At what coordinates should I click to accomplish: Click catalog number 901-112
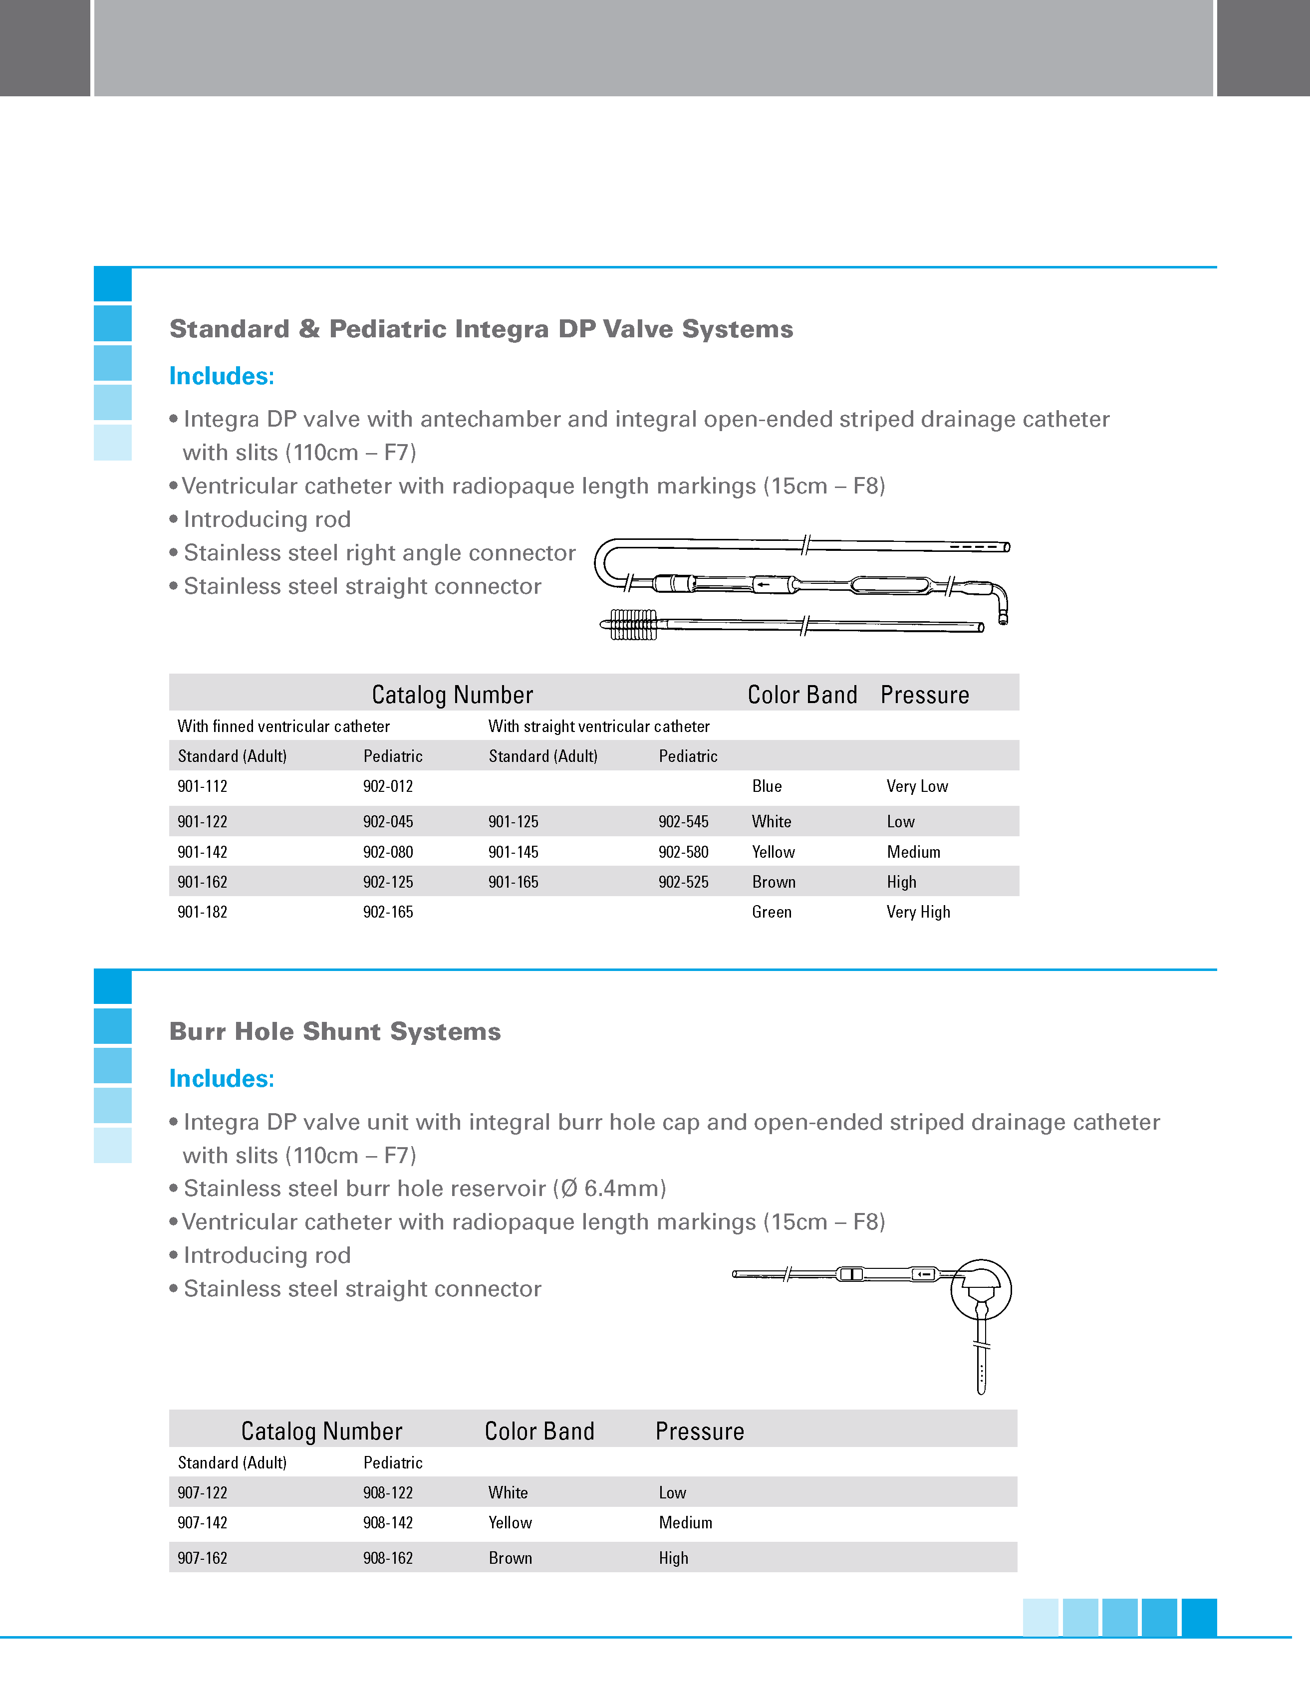click(203, 786)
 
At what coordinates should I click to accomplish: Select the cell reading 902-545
click(683, 822)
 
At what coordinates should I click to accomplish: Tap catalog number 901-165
click(513, 882)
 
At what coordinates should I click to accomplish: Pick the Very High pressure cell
click(918, 912)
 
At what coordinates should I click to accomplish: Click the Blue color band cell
click(767, 786)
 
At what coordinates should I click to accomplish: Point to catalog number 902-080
click(388, 852)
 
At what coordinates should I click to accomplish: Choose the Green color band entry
click(772, 912)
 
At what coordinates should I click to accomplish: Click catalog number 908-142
click(388, 1523)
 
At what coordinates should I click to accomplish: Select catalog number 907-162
click(203, 1558)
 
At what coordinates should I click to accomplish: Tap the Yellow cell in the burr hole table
click(510, 1523)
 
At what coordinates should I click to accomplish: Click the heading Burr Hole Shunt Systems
click(335, 1031)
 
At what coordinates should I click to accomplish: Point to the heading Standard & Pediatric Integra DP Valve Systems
click(481, 329)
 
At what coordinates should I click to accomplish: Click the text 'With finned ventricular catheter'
click(283, 726)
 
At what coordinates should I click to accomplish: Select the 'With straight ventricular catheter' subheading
click(599, 726)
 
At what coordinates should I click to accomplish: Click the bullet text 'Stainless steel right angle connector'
click(379, 552)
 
